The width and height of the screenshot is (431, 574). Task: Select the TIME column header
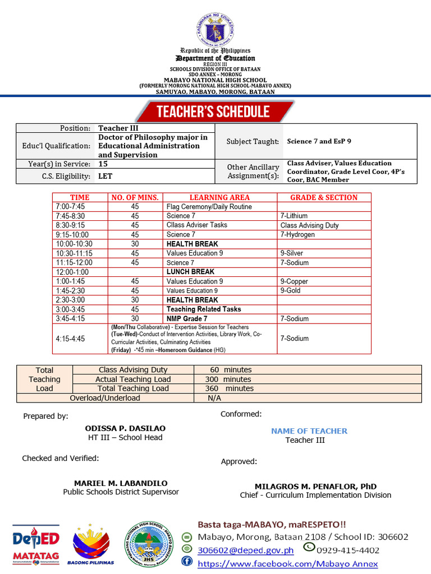[79, 197]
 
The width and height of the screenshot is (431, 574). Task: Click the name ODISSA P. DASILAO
[125, 428]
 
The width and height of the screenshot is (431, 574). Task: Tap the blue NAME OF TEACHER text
[309, 431]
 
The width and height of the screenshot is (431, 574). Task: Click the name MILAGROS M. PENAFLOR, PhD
[315, 486]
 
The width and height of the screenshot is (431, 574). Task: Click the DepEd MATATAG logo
[36, 544]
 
